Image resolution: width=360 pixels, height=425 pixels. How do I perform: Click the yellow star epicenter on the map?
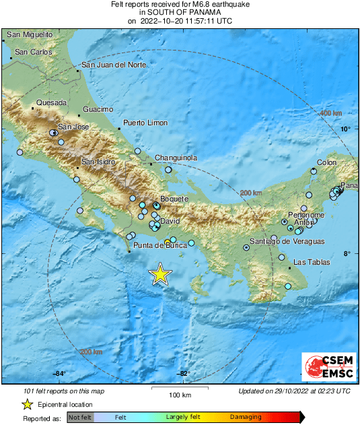pos(160,274)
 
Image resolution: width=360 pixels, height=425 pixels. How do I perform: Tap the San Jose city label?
pos(73,127)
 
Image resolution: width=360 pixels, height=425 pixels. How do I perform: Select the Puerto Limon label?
pos(145,123)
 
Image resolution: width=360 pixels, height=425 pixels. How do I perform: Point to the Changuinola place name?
pos(176,158)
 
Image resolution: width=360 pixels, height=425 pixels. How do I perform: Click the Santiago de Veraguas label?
pos(287,241)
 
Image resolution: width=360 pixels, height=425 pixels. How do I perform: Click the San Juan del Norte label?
pos(113,65)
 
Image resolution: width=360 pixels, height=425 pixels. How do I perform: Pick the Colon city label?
pos(326,162)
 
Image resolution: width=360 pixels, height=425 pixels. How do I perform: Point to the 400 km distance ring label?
pos(330,113)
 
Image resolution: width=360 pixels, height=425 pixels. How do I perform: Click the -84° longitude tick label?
pos(59,374)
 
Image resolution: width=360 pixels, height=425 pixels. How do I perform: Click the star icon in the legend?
pos(27,404)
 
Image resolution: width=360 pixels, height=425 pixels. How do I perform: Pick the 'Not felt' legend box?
pos(80,418)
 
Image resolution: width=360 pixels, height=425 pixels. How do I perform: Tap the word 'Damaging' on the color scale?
pos(246,418)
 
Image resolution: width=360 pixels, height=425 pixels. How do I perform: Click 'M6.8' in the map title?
pos(201,5)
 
